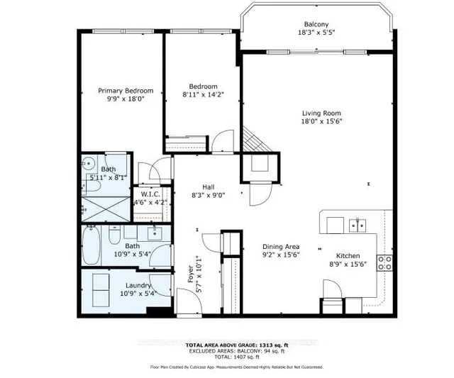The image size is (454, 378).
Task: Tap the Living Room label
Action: (321, 113)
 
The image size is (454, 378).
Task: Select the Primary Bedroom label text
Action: (125, 91)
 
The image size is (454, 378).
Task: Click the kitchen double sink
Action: (357, 226)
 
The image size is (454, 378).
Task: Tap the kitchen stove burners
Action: (385, 263)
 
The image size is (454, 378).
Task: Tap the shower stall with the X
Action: (106, 208)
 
